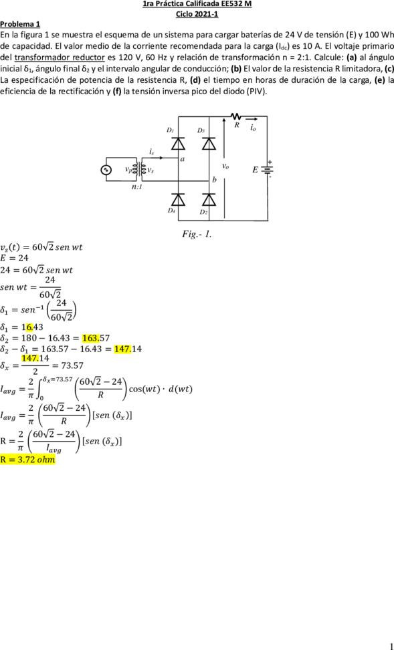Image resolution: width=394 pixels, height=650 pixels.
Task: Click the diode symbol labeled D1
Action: [178, 144]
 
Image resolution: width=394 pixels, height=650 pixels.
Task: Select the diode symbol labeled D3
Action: [209, 144]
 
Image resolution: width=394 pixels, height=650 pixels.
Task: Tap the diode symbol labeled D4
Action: [178, 199]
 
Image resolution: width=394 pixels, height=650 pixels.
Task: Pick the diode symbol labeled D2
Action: [209, 199]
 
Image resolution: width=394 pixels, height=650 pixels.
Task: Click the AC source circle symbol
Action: [107, 170]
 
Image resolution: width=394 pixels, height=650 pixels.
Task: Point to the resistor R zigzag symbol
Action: [237, 116]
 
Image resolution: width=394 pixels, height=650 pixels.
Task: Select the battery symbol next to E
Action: [267, 169]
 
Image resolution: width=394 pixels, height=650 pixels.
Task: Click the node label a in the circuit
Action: [182, 158]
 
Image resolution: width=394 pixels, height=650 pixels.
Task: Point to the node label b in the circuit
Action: [214, 180]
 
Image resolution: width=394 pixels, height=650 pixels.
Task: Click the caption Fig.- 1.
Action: [197, 234]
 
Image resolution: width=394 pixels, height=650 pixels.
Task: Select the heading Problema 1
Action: [20, 23]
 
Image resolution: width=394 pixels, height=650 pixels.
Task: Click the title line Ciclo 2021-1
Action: [197, 14]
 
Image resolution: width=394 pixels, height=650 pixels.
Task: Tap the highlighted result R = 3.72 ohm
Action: [28, 460]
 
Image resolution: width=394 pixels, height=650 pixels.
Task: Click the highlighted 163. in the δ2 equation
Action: [90, 338]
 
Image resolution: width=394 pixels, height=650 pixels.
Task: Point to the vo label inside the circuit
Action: [225, 166]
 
